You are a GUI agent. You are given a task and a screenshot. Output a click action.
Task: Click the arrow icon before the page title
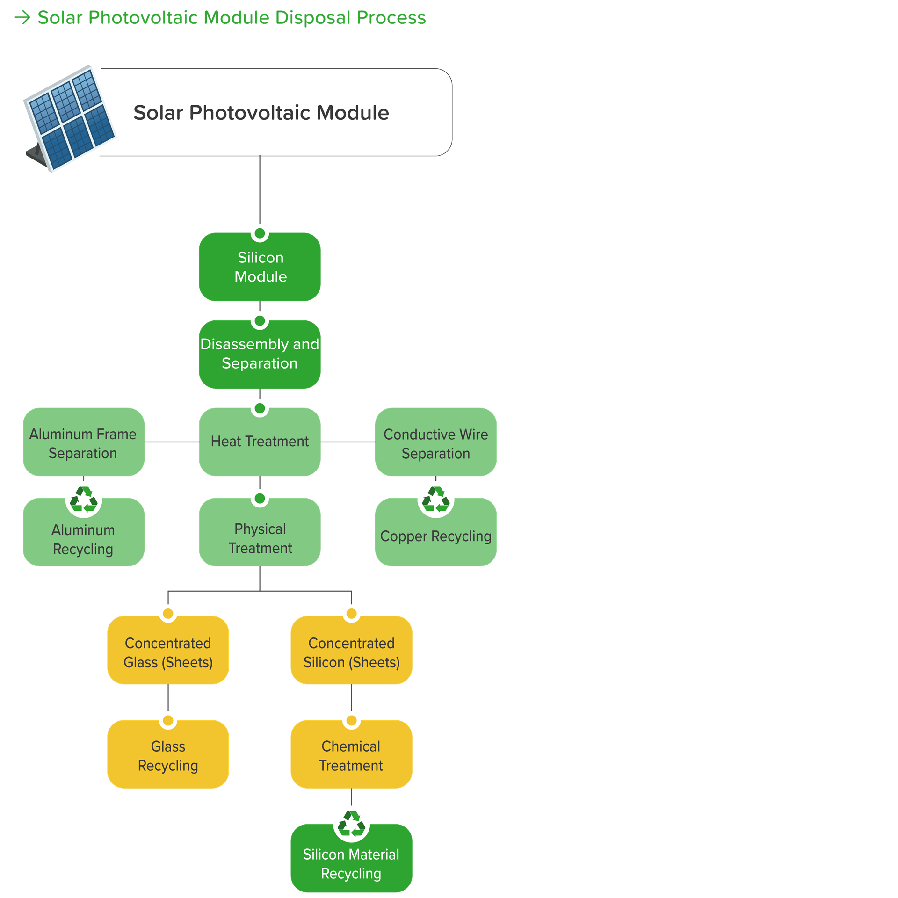[x=22, y=18]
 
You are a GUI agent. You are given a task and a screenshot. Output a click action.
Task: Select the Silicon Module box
[x=260, y=267]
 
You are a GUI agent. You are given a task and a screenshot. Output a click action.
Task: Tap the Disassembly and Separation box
[x=260, y=354]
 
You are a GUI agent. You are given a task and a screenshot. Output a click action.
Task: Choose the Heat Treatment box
[x=260, y=442]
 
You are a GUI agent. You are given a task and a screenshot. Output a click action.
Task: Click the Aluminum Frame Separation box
[x=83, y=442]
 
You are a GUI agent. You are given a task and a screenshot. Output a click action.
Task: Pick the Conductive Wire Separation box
[x=435, y=442]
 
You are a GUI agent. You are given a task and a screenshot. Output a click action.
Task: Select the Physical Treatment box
[x=260, y=532]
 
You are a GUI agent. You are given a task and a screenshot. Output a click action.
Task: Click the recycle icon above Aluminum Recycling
[x=84, y=500]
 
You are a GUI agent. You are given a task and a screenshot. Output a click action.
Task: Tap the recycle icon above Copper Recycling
[x=435, y=500]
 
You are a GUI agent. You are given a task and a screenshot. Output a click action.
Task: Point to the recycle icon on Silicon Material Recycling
[x=351, y=824]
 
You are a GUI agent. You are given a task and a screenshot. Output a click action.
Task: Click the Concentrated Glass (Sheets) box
[x=168, y=650]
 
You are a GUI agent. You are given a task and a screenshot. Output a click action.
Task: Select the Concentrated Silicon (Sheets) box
[x=351, y=650]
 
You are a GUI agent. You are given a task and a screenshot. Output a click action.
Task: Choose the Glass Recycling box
[x=168, y=754]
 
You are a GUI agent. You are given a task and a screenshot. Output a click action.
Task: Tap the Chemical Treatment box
[x=351, y=754]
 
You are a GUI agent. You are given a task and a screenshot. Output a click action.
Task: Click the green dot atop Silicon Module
[x=260, y=233]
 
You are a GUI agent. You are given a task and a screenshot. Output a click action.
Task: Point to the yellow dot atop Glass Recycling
[x=168, y=720]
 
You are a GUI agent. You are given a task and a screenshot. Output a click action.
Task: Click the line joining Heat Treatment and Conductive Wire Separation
[x=348, y=442]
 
